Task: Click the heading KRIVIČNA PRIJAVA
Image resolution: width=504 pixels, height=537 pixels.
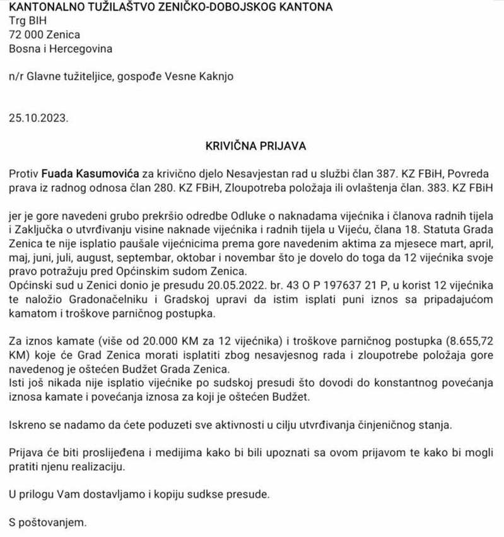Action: click(255, 146)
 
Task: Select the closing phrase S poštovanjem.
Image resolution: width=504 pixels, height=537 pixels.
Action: click(47, 522)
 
